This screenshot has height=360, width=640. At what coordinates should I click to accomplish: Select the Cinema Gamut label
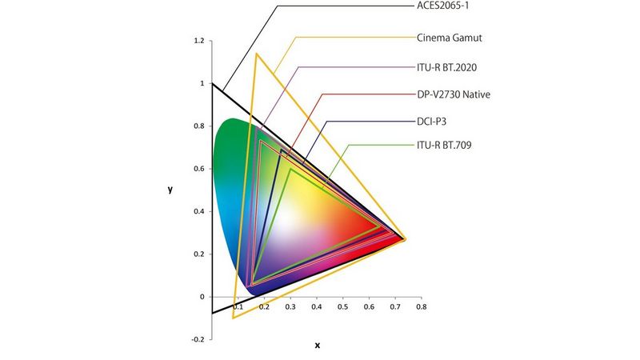[x=448, y=37]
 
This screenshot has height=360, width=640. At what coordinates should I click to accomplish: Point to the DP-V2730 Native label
[x=454, y=94]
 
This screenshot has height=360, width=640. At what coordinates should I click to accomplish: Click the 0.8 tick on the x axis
[x=421, y=306]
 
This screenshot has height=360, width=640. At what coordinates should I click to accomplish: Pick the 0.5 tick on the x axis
[x=342, y=306]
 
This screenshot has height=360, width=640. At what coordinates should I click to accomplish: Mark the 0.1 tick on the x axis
[x=237, y=306]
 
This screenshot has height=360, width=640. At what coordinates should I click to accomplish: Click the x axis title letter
[x=317, y=346]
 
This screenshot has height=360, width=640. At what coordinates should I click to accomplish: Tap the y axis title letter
[x=170, y=190]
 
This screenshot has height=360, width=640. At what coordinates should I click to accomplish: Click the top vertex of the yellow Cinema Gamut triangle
[x=256, y=54]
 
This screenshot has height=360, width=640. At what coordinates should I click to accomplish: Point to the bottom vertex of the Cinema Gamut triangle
[x=233, y=318]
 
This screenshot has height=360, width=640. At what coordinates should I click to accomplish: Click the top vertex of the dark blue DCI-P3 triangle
[x=281, y=150]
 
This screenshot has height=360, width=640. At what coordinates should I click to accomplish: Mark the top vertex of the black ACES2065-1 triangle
[x=212, y=83]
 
